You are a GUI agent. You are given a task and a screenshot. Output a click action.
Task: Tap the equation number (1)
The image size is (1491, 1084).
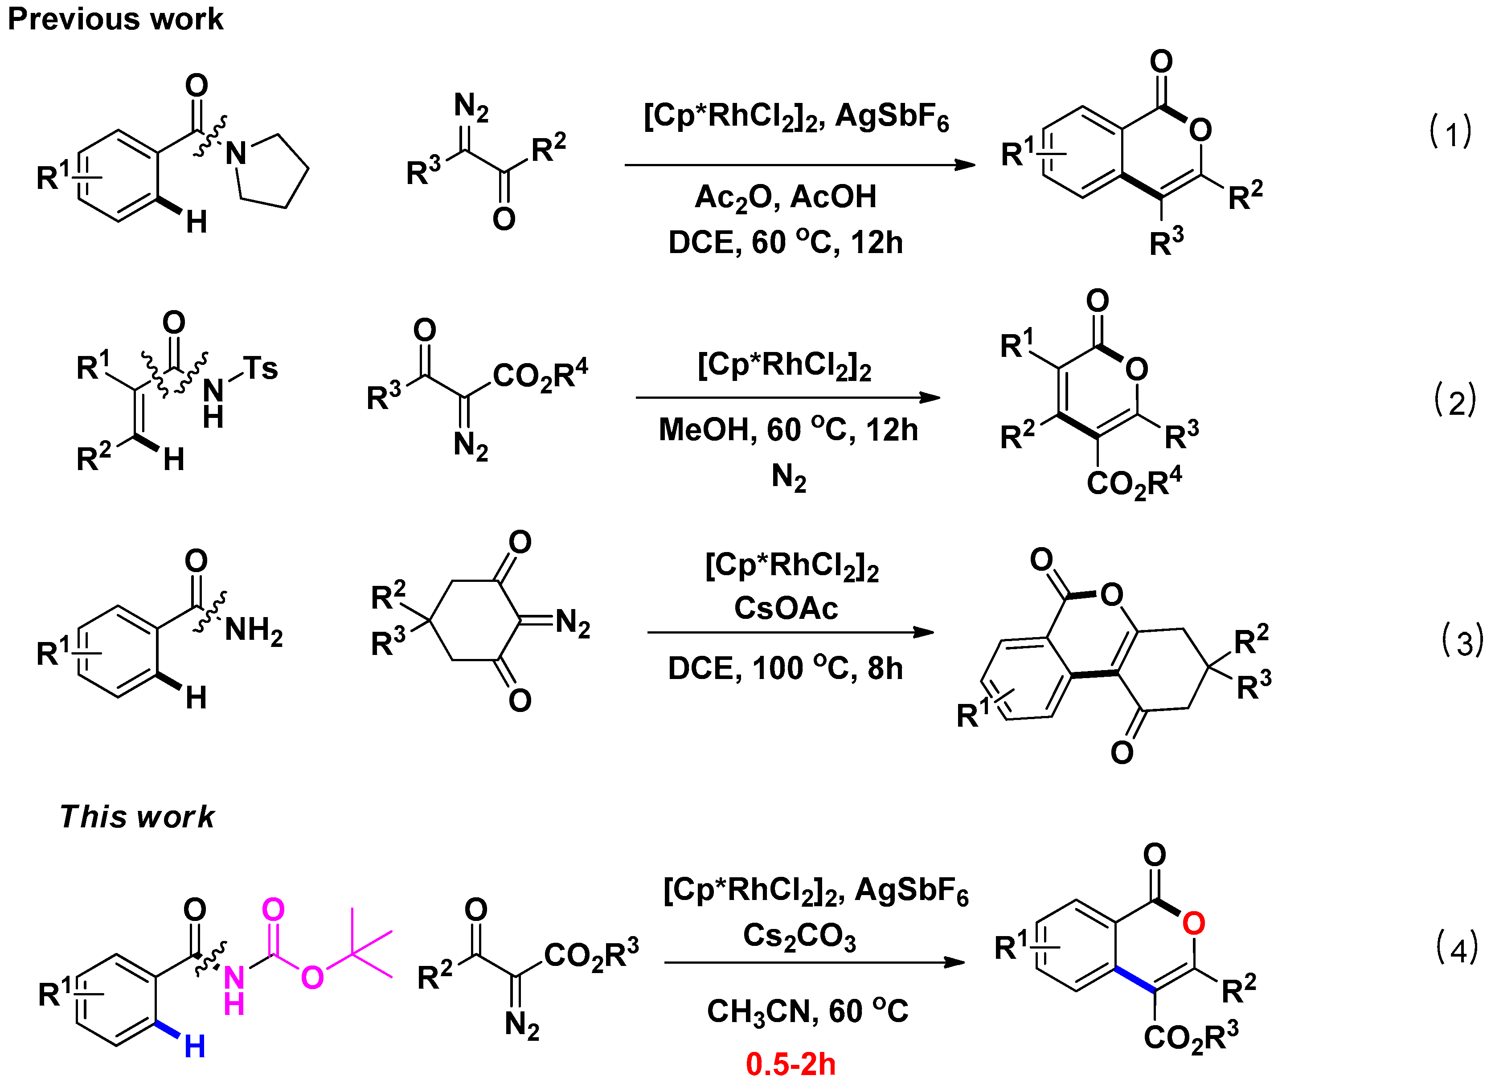(1450, 131)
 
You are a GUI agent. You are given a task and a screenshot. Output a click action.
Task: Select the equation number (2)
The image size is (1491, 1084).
(1454, 401)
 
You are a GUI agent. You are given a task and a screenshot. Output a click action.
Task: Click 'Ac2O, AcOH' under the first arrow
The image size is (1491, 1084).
(786, 197)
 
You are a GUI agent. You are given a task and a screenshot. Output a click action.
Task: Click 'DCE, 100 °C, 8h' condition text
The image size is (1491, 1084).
(785, 669)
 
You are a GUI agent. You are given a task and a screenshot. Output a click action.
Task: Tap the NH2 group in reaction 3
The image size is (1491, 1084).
(253, 630)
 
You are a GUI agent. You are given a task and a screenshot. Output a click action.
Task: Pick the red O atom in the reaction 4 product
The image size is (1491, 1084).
(1193, 924)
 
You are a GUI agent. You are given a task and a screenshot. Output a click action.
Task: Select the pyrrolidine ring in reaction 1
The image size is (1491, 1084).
(273, 171)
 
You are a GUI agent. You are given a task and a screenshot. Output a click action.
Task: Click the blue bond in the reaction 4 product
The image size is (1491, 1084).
(1135, 979)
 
